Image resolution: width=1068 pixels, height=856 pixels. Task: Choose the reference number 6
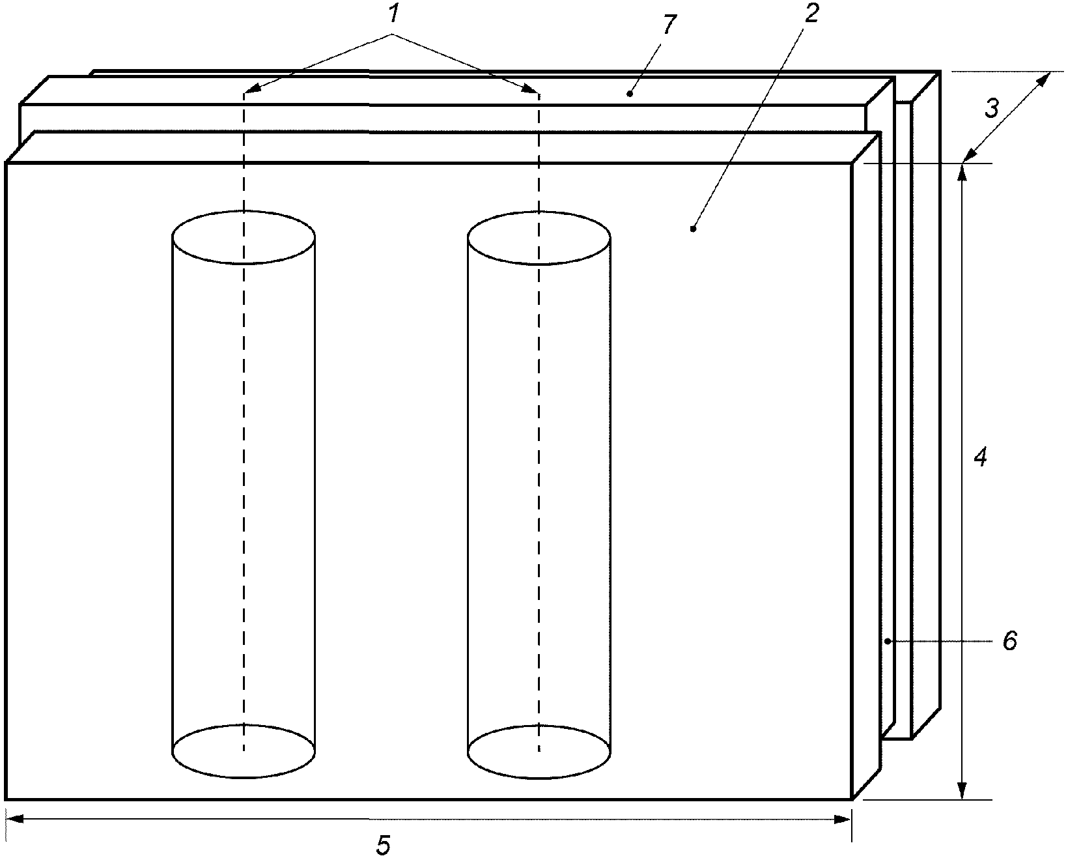point(1009,641)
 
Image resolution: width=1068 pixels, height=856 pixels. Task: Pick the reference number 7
point(669,25)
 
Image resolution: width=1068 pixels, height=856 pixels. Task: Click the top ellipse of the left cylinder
point(244,237)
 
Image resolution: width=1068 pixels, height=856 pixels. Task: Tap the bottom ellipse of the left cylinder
point(244,751)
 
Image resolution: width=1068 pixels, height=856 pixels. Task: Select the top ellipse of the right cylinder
point(539,238)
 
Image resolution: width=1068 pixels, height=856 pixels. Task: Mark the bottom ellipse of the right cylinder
point(539,752)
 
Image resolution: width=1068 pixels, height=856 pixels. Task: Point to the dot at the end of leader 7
point(630,94)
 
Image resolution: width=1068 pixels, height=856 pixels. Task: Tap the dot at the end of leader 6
point(888,641)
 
